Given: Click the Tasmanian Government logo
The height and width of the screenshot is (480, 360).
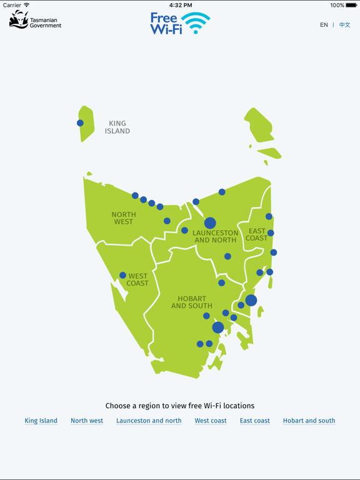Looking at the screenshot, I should tap(35, 20).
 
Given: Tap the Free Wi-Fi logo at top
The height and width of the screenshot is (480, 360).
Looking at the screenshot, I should tap(180, 23).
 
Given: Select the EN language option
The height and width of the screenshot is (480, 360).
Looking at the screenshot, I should tap(324, 25).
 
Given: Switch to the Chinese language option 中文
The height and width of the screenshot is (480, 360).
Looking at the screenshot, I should tap(344, 25).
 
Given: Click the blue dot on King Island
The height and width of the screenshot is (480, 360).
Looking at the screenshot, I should tap(80, 123).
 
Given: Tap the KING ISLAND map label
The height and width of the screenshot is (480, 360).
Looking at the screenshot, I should tap(117, 127).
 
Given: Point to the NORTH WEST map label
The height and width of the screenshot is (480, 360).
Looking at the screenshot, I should tap(124, 218).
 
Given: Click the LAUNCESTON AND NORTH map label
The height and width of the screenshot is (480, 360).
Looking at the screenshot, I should tap(216, 236).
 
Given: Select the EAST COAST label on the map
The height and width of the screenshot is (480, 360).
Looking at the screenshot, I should tap(257, 234).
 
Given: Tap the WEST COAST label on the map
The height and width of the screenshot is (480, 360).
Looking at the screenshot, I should tap(137, 279).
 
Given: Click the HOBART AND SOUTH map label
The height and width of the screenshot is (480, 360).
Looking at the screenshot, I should tap(192, 302).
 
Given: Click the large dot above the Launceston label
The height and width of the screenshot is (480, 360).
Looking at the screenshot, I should tap(210, 223).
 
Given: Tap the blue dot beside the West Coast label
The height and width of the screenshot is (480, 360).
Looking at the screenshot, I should tap(122, 276).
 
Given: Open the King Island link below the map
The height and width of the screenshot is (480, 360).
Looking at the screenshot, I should tap(41, 421).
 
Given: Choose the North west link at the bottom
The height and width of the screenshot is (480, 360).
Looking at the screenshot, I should tap(87, 421).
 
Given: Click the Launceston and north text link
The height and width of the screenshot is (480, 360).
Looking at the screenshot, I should tap(149, 421).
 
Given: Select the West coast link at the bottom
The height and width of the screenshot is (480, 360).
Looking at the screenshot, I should tap(211, 421).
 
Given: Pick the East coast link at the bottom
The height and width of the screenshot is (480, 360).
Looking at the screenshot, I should tap(255, 421).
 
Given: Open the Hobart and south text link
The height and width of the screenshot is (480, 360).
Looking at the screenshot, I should tap(309, 421).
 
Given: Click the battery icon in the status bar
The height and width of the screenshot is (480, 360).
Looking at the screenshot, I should tap(352, 5).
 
